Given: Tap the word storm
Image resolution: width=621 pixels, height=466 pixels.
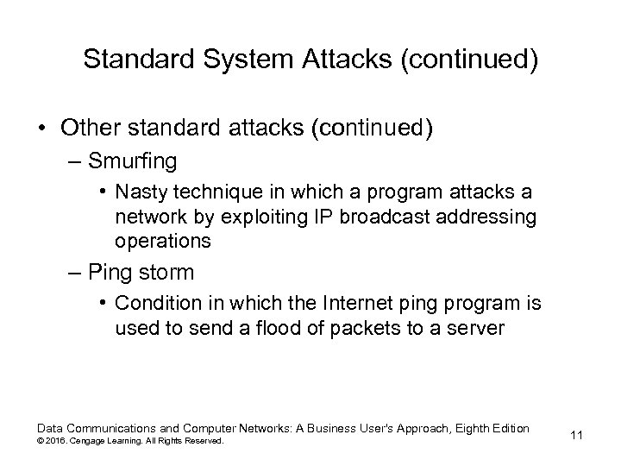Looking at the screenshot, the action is tap(165, 273).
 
